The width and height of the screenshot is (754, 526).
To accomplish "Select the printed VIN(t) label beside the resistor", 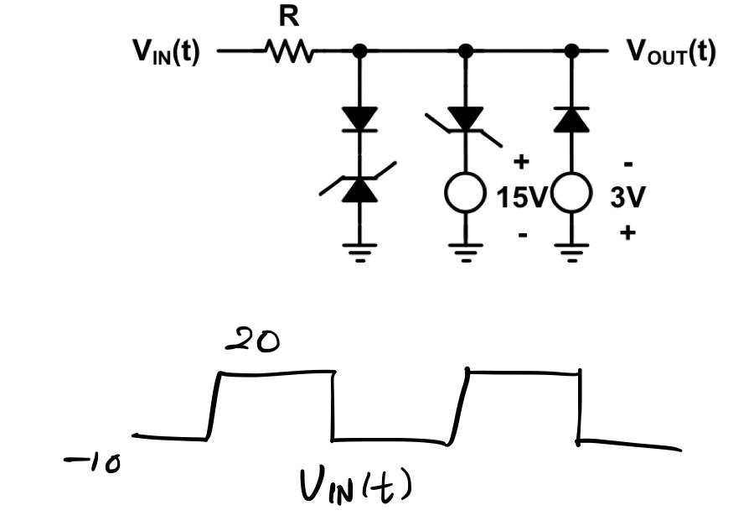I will tap(166, 52).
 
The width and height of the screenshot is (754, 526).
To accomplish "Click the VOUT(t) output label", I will tap(671, 52).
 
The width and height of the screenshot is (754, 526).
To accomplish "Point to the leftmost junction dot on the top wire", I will tap(360, 52).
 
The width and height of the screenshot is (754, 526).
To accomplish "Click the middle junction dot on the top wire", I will tap(466, 52).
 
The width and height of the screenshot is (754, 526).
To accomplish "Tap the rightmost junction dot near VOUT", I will tap(571, 52).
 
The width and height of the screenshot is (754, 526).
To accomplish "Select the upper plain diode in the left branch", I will tap(360, 119).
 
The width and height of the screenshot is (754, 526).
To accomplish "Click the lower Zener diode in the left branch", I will tap(359, 189).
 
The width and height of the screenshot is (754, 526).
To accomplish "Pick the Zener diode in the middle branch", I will tap(466, 120).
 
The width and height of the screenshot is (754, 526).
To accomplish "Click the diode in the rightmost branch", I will tap(571, 119).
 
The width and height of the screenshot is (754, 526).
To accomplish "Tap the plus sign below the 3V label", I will tap(627, 232).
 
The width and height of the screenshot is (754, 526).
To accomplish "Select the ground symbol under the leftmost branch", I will tap(360, 251).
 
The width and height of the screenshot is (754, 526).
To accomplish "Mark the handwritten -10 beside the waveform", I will tap(92, 464).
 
